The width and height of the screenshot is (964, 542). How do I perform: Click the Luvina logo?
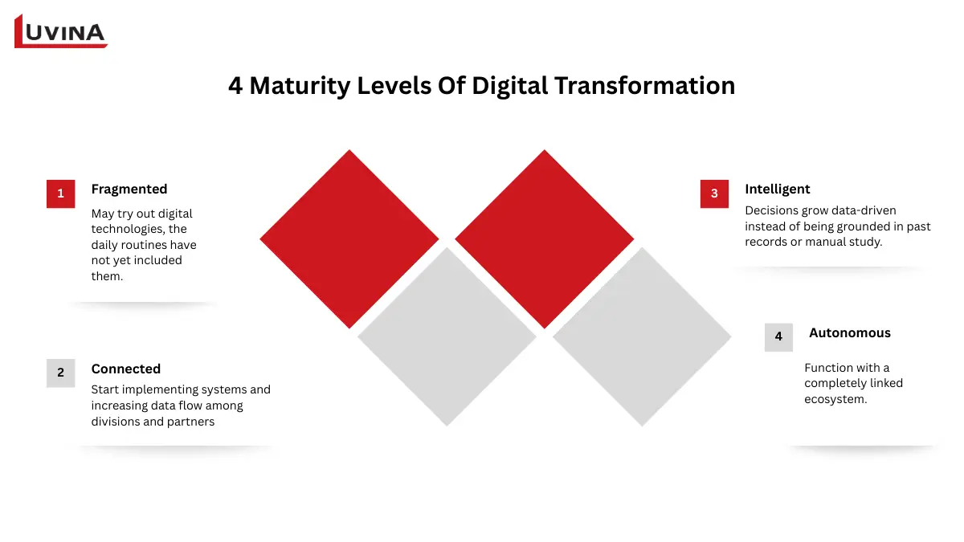(61, 32)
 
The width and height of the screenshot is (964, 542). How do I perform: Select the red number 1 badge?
(60, 194)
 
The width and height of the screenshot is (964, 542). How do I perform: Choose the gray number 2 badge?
(60, 373)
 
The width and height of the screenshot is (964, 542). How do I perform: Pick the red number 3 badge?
(714, 194)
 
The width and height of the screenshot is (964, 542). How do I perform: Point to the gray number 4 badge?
(778, 336)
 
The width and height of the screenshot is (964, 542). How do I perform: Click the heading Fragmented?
(129, 189)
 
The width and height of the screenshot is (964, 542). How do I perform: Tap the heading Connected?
(126, 369)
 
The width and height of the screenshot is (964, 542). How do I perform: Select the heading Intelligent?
(777, 189)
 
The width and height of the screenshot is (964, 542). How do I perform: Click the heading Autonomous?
(849, 333)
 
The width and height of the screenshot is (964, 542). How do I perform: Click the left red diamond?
(349, 238)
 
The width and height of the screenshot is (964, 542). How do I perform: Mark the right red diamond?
(545, 238)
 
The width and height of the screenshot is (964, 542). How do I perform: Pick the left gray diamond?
(447, 336)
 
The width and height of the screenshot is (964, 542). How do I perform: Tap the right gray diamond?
(642, 336)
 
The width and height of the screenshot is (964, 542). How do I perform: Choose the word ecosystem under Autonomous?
(835, 399)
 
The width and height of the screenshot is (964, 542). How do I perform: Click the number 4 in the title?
(235, 86)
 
